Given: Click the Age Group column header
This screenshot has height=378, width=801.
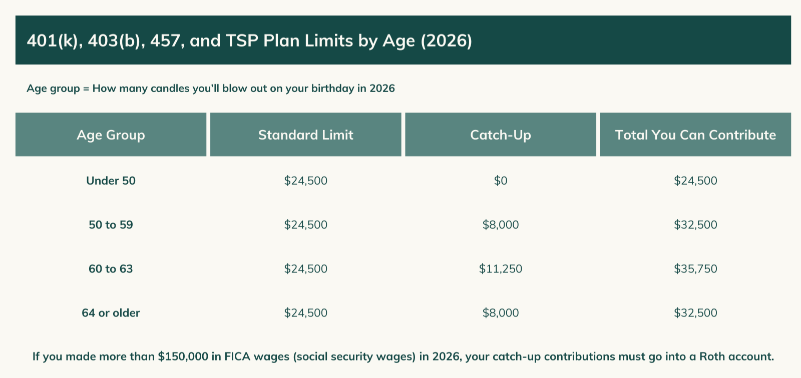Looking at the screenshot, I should click(111, 135).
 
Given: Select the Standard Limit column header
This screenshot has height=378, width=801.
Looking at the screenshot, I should click(305, 135).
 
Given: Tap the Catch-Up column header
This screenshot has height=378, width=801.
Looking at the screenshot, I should click(500, 135).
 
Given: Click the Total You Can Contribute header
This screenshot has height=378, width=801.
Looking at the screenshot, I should click(695, 135).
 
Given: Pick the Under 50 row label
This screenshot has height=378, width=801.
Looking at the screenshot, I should click(111, 181).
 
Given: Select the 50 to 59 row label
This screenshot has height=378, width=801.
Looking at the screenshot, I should click(111, 225).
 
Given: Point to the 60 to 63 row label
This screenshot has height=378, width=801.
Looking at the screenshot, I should click(111, 269).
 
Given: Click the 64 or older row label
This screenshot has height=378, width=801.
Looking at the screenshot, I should click(111, 313).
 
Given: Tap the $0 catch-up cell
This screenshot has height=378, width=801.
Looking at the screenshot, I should click(500, 181).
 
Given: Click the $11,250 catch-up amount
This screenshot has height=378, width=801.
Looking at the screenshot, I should click(500, 269).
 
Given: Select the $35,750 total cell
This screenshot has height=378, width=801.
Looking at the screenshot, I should click(695, 269).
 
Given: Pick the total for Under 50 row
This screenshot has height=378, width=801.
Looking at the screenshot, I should click(695, 181).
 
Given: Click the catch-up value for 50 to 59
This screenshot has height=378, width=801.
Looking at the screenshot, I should click(500, 225).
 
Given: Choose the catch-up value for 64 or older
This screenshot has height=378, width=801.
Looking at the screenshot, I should click(500, 313).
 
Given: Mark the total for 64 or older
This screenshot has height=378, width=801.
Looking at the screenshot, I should click(695, 313).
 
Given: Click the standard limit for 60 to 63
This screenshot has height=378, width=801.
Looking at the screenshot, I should click(305, 269).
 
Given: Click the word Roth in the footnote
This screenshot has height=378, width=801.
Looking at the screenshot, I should click(712, 356).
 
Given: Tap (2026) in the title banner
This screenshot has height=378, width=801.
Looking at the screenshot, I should click(446, 41).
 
